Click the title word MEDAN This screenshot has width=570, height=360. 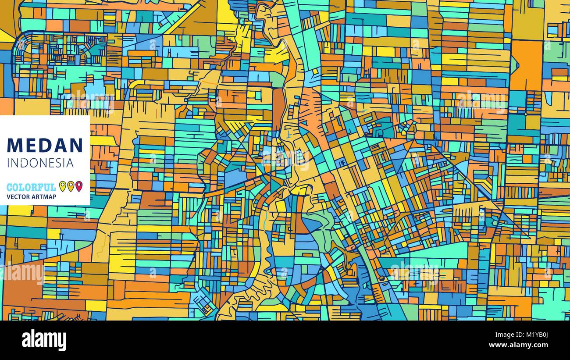point(45,145)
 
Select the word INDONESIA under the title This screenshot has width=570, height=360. point(40,163)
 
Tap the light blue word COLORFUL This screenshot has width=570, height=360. point(31,187)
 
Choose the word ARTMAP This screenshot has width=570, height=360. point(44,197)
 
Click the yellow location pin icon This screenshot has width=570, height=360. point(62,186)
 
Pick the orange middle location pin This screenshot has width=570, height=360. point(71,186)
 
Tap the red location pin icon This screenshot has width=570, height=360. point(79,186)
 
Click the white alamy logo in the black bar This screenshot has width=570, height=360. point(44,340)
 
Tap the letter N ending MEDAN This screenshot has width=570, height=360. point(76,145)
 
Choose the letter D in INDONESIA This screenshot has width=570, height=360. point(25,163)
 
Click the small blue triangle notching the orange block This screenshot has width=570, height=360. point(516,65)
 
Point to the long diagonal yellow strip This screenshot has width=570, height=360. point(184,20)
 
